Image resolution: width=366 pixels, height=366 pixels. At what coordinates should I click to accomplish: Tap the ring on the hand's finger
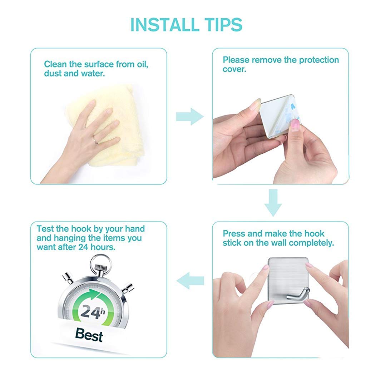click(x=95, y=139)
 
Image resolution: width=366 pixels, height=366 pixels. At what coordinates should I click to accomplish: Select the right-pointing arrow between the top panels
click(x=190, y=117)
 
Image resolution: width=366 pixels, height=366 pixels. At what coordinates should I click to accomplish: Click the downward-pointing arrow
click(x=273, y=203)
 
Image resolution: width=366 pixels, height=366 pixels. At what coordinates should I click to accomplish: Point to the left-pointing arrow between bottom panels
click(x=190, y=281)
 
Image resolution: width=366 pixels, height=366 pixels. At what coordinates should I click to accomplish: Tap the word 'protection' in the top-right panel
click(x=319, y=60)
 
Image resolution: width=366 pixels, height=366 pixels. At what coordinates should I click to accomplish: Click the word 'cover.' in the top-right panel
click(x=234, y=69)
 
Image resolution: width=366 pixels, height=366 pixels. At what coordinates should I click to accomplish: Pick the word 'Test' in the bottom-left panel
click(x=45, y=228)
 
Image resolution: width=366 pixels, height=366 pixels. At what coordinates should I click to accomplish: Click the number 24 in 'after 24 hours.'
click(x=83, y=247)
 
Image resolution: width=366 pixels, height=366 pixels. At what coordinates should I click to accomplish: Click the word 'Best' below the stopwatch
click(x=89, y=335)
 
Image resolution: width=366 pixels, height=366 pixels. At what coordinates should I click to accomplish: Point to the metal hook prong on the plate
click(x=298, y=294)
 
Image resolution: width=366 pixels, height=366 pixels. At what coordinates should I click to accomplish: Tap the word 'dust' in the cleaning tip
click(x=53, y=74)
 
